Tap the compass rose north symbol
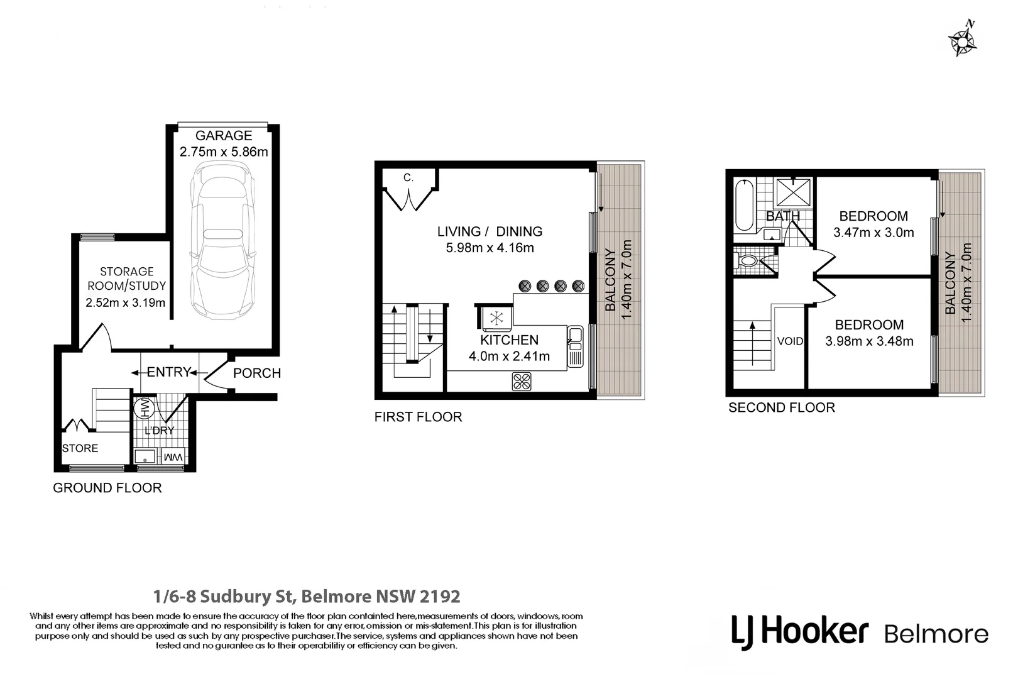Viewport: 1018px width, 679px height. coord(962,40)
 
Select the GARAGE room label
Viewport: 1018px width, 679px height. coord(224,135)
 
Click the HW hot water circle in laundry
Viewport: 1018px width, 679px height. coord(144,407)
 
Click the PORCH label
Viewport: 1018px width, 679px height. coord(256,373)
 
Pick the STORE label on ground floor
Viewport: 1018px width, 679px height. coord(80,448)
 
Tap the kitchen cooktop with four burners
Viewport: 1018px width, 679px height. coord(522,382)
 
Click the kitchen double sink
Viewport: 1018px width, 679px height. coord(575,346)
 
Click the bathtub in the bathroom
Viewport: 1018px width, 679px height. coord(744,206)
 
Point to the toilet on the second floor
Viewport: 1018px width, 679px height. coord(747,261)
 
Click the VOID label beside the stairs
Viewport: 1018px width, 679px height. coord(790,341)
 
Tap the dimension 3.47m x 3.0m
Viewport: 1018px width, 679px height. coord(873,233)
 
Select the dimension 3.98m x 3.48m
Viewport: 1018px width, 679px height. coord(869,341)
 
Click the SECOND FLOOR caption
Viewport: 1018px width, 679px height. coord(782,407)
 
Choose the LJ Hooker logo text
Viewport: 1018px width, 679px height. coord(800,631)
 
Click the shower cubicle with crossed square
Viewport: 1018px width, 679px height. coord(794,192)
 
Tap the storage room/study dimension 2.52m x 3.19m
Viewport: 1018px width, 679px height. coord(126,302)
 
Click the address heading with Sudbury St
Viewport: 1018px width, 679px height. coord(307,596)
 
